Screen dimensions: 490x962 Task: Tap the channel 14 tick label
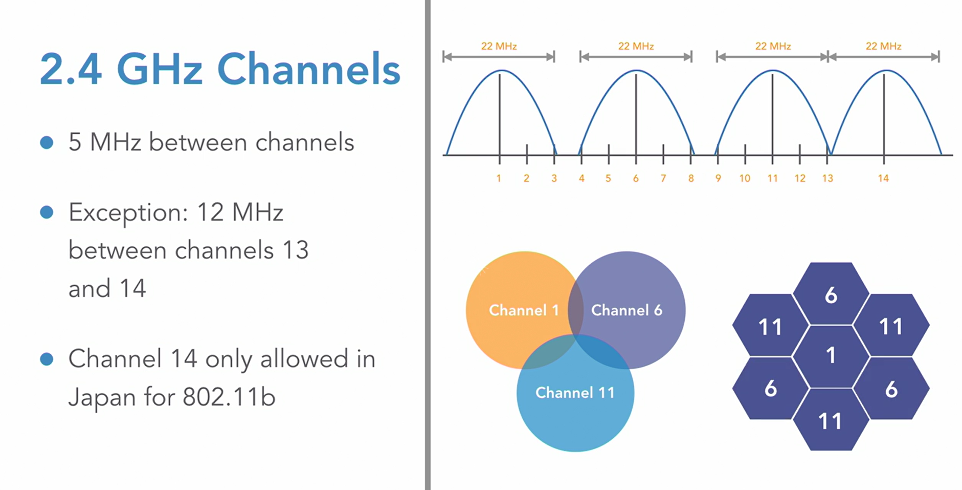click(883, 178)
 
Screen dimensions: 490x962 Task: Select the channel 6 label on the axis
click(636, 178)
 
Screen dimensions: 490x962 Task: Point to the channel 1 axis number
click(499, 178)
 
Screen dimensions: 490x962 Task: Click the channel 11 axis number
click(772, 178)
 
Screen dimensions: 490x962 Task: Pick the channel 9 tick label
click(718, 178)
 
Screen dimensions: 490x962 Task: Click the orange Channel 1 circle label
click(524, 310)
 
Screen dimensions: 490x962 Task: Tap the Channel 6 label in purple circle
click(627, 310)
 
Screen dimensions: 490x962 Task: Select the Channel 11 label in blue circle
click(575, 393)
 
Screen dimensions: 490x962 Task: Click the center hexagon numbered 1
click(831, 355)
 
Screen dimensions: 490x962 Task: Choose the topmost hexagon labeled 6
click(831, 295)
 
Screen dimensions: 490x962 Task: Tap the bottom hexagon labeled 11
click(830, 421)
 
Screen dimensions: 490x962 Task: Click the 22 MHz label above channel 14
click(883, 46)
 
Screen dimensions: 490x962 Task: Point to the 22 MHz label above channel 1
click(499, 46)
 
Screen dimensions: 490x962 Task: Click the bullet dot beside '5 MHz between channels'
click(47, 142)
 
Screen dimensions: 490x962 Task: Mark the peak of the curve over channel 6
click(636, 71)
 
